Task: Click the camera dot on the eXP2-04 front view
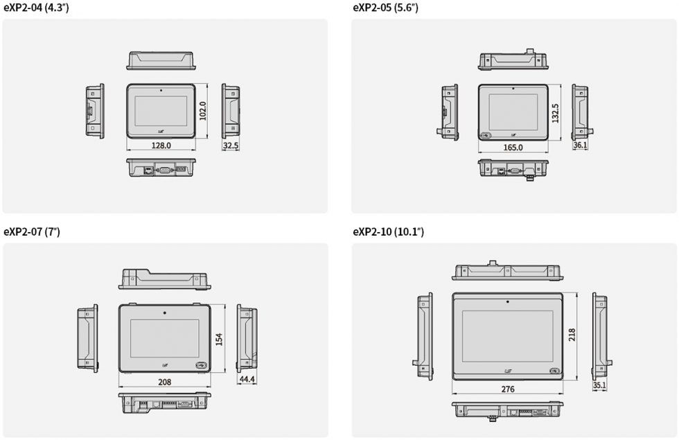click(x=161, y=91)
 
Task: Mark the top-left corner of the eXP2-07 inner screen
click(x=130, y=319)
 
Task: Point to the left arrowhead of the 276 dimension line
click(x=453, y=394)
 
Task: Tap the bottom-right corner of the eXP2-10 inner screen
click(x=553, y=362)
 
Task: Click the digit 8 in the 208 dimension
click(x=168, y=382)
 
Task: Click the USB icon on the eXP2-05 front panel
click(x=485, y=136)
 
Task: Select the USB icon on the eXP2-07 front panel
click(x=201, y=365)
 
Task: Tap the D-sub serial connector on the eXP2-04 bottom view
click(x=165, y=170)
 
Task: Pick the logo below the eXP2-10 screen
click(x=507, y=371)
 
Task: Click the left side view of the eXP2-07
click(x=88, y=338)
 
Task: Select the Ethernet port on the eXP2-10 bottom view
click(x=513, y=412)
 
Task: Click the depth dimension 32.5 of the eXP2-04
click(x=230, y=146)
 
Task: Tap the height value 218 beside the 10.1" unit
click(x=572, y=335)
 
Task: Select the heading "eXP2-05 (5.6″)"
click(x=385, y=8)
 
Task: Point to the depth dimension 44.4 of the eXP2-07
click(x=247, y=380)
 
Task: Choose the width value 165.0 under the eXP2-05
click(x=513, y=147)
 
